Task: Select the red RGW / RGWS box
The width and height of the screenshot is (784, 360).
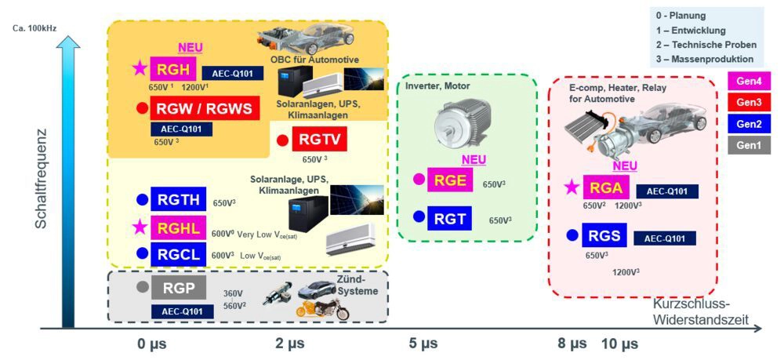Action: click(205, 109)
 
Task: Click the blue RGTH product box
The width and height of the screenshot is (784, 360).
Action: click(178, 199)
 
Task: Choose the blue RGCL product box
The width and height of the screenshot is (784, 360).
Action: click(178, 253)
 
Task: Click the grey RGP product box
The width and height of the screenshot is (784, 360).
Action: click(178, 288)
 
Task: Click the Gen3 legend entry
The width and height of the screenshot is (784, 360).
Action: click(749, 101)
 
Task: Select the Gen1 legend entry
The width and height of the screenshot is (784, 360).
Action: click(749, 144)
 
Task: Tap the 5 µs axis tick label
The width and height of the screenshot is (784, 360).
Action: click(423, 344)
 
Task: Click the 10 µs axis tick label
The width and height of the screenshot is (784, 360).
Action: click(619, 344)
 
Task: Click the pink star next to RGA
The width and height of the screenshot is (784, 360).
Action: click(572, 187)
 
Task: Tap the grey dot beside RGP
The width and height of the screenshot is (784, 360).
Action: click(141, 287)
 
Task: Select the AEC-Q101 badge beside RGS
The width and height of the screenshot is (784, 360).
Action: click(664, 238)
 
